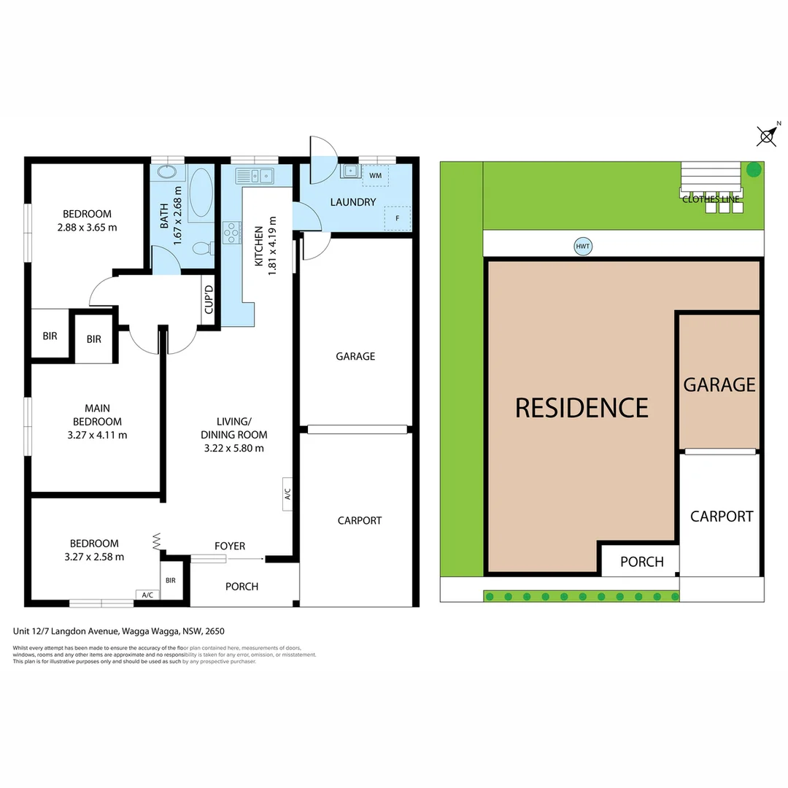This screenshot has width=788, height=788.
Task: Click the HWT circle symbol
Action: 582,247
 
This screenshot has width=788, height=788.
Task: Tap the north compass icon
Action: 767,135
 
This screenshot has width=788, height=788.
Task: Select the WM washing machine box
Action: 376,176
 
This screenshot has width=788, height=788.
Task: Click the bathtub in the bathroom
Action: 199,193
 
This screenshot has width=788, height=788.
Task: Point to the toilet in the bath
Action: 200,249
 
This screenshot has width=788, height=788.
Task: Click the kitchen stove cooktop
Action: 231,232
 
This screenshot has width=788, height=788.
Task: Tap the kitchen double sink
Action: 254,175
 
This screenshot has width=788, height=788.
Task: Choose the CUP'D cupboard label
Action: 209,300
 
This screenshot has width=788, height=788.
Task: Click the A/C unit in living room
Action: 287,495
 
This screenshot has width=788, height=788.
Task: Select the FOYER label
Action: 230,546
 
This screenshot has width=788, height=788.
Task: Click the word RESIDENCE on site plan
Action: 582,407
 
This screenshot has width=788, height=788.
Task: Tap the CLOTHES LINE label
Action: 711,199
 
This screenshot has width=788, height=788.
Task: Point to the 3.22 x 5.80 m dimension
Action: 233,448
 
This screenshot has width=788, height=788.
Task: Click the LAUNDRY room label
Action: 352,202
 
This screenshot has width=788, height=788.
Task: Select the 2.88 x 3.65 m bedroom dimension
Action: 87,227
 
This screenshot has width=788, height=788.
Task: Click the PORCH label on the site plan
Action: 642,562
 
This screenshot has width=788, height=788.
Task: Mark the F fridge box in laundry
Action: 398,217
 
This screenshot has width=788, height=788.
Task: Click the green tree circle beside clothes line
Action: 754,170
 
